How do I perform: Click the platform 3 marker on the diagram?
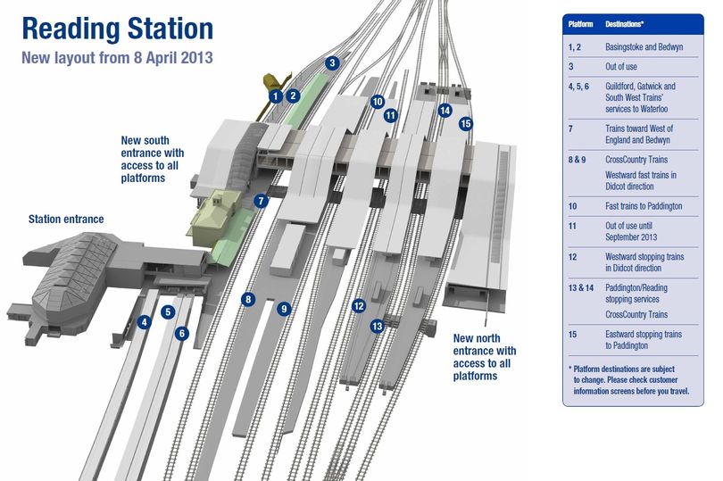coord(332,63)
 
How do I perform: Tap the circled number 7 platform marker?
coord(260,201)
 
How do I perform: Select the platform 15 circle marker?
coord(465,123)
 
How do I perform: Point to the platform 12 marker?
coord(359,306)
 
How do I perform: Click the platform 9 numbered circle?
coord(284,309)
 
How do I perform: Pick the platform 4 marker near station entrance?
coord(145,321)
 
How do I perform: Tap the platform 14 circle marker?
coord(445,111)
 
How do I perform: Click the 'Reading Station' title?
coord(117,29)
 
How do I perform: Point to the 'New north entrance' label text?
coord(485,357)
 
